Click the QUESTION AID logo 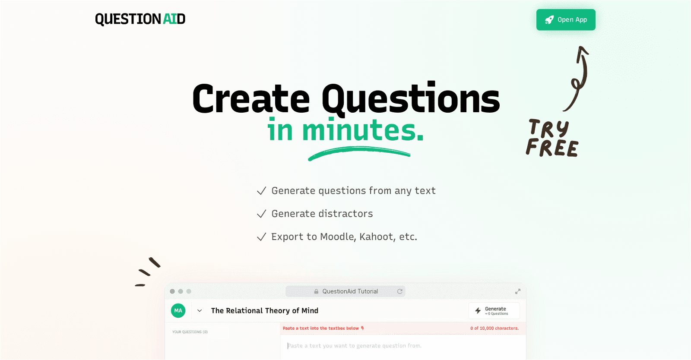click(x=140, y=19)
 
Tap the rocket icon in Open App click(x=549, y=20)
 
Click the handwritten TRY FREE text click(x=552, y=138)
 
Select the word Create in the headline click(x=251, y=99)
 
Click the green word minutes click(x=363, y=130)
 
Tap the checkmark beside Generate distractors click(x=261, y=214)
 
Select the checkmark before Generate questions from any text click(x=261, y=191)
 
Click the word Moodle click(x=337, y=237)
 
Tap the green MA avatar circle click(x=178, y=311)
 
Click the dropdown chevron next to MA click(x=200, y=311)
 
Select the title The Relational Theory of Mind click(x=264, y=311)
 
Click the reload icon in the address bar click(x=400, y=291)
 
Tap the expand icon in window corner click(x=517, y=291)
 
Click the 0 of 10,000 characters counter click(x=494, y=328)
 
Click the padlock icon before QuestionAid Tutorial click(x=316, y=291)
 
